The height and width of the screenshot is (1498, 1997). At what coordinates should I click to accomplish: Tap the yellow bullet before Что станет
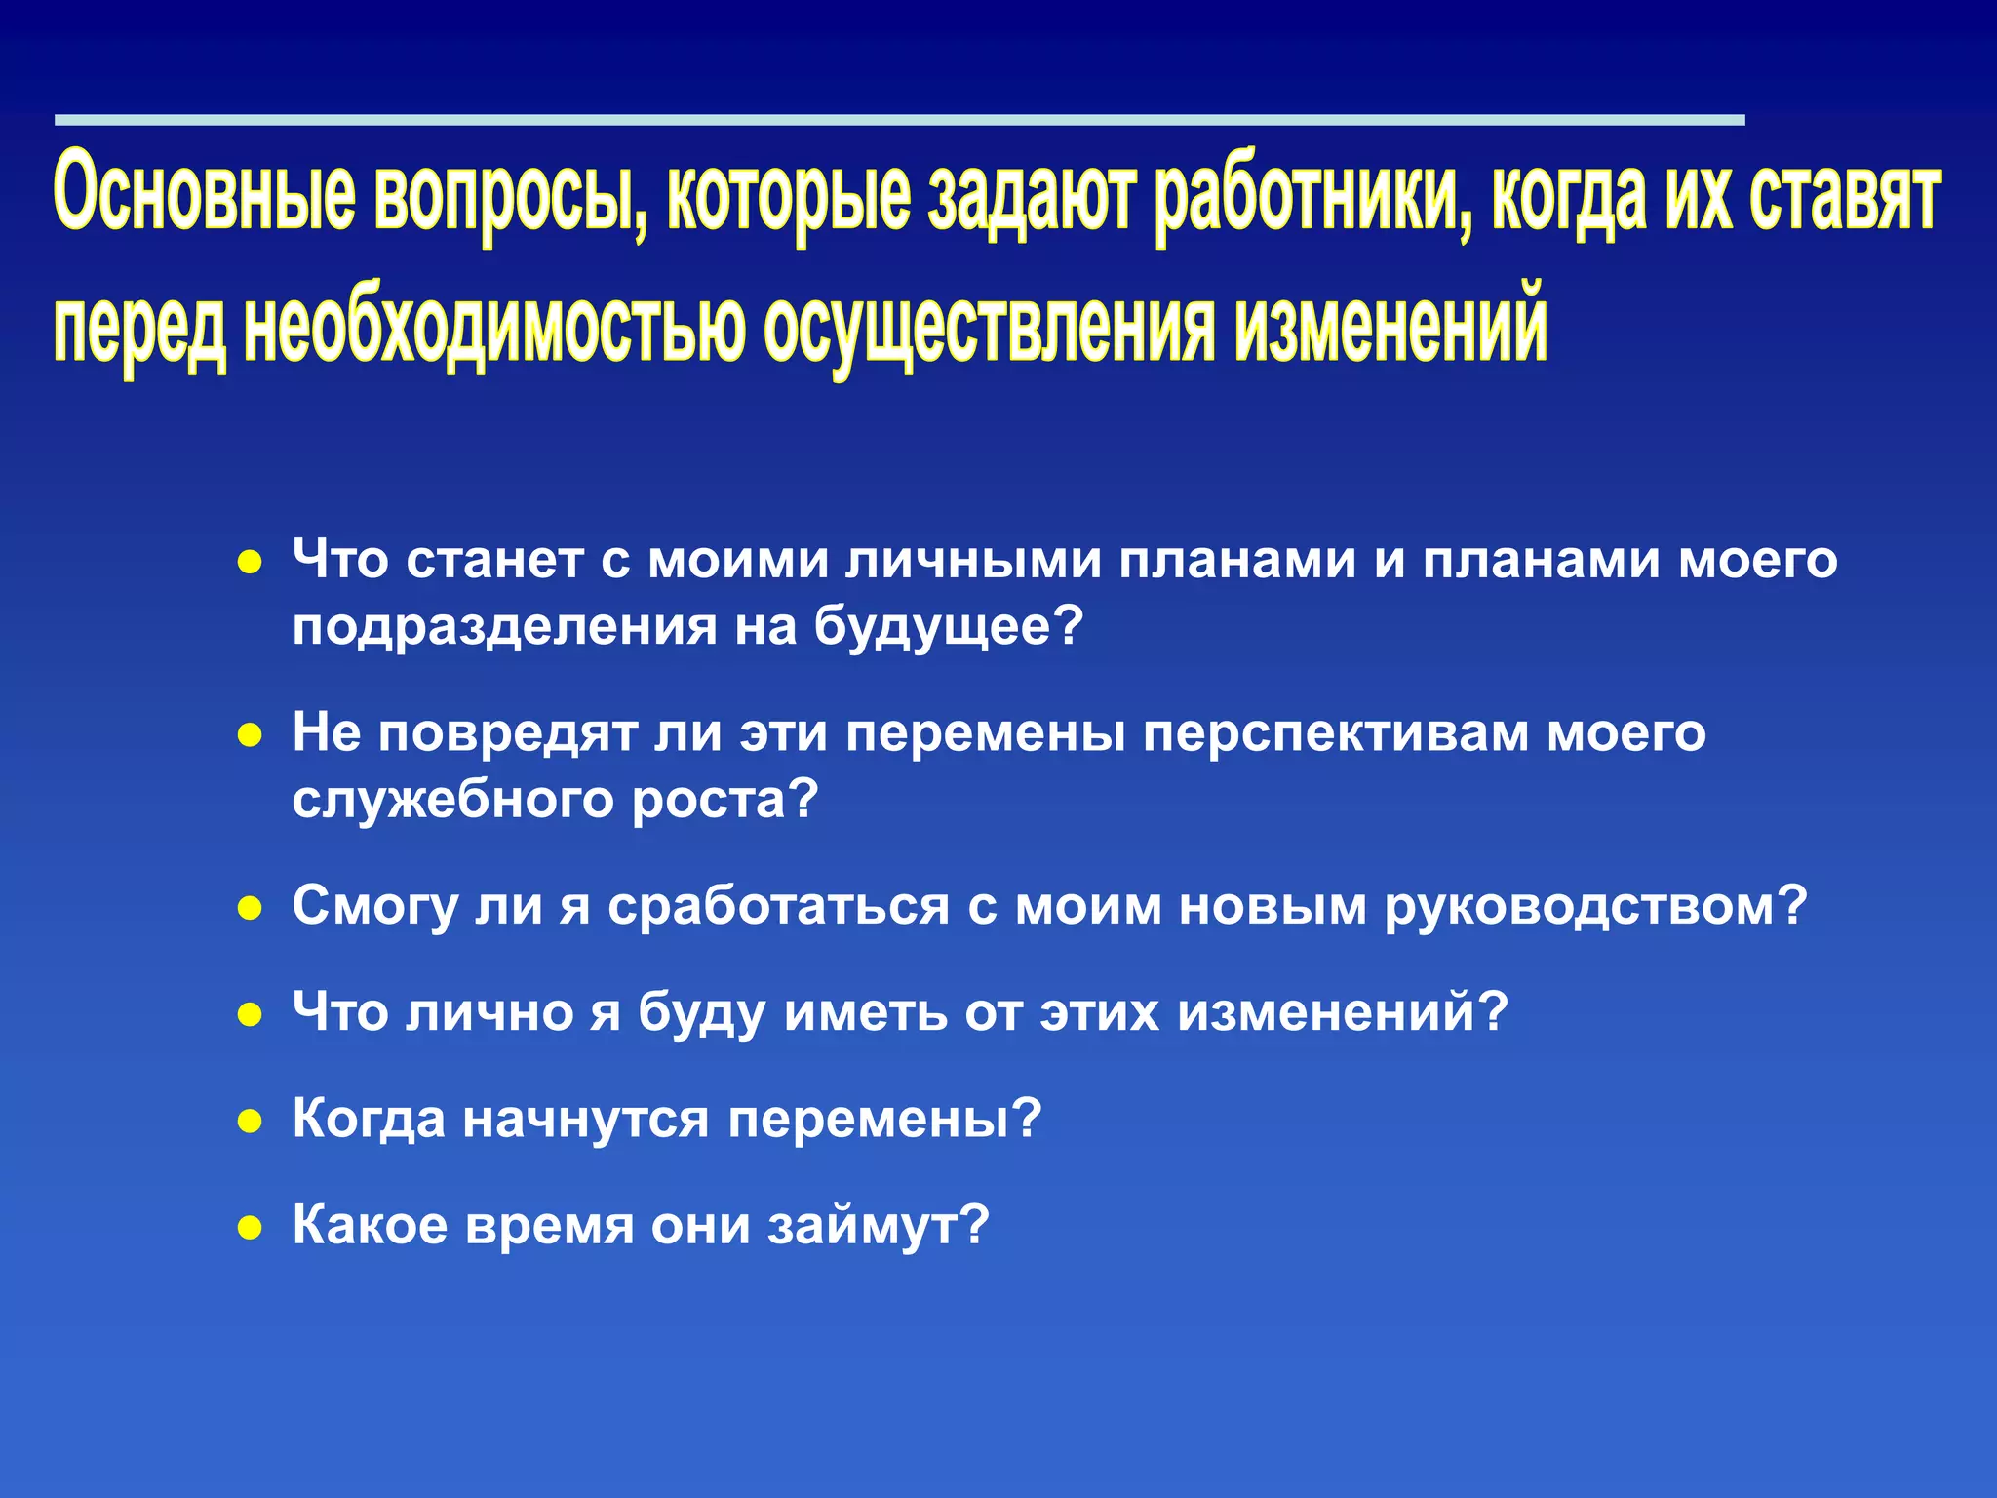pos(251,563)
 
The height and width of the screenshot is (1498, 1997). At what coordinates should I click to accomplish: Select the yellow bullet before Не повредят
pos(251,735)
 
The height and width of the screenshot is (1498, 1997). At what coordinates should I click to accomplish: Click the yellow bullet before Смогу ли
pos(251,909)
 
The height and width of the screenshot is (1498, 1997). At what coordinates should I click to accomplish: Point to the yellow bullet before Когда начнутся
pos(251,1122)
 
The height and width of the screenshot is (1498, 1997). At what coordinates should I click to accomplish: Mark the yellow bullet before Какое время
pos(251,1227)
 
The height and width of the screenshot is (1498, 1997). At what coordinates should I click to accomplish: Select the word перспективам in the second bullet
pos(1336,733)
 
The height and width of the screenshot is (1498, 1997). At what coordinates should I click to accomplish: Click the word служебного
pos(453,801)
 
